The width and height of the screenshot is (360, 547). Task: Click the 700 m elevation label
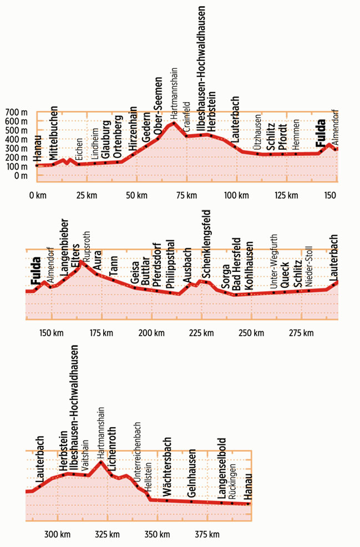[17, 113]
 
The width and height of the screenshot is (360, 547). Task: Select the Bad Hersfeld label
[236, 266]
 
